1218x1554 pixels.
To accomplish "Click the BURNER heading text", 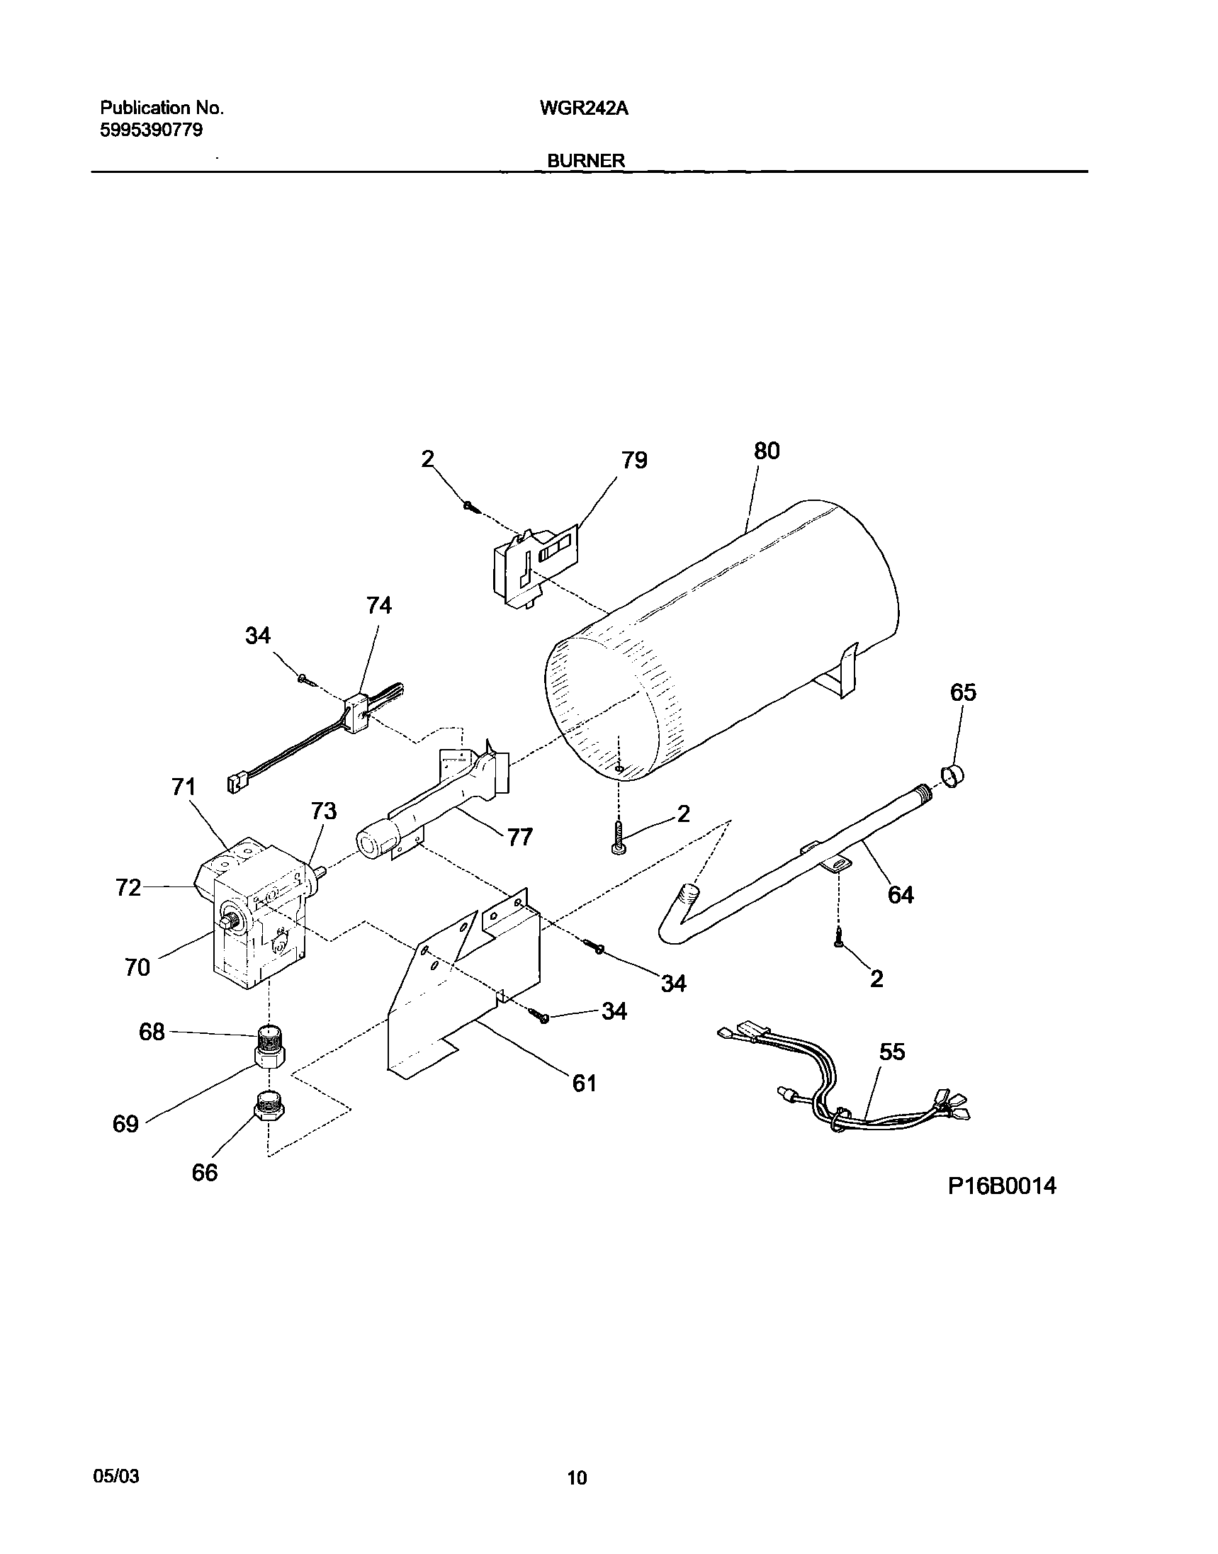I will [x=585, y=161].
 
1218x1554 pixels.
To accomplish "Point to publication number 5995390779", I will [x=151, y=130].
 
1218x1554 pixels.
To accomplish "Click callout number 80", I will [x=767, y=451].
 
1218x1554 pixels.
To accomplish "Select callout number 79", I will [x=634, y=461].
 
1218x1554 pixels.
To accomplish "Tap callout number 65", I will [x=963, y=692].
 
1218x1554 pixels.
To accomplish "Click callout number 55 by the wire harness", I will [x=892, y=1052].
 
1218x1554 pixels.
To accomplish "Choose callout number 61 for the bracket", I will [x=584, y=1083].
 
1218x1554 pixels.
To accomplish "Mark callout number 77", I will [x=520, y=837].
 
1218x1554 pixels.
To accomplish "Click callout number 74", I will [x=378, y=605].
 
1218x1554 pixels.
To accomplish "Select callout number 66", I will [x=205, y=1173].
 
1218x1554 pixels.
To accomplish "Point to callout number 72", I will [x=128, y=888].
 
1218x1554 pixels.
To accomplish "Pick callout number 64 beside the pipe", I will [x=901, y=894].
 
